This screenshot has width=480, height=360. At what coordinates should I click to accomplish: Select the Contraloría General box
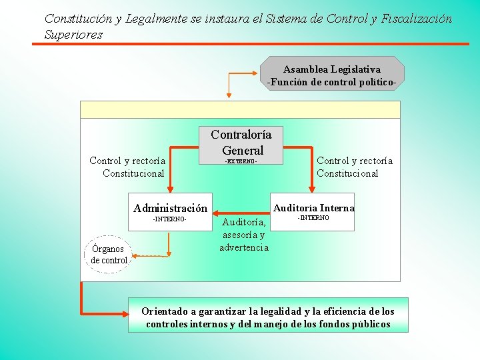point(242,142)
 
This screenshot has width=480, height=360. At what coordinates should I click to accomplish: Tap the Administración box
point(170,208)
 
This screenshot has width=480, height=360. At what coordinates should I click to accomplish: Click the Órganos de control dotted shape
point(109,255)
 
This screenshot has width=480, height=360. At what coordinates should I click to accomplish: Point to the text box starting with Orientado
point(268,318)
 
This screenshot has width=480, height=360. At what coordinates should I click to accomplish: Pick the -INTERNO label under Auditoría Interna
point(313,218)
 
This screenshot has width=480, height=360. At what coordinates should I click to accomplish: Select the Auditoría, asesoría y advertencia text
point(244,234)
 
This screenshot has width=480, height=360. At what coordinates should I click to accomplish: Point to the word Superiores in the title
point(73,35)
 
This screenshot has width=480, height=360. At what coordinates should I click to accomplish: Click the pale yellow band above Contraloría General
point(240,109)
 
